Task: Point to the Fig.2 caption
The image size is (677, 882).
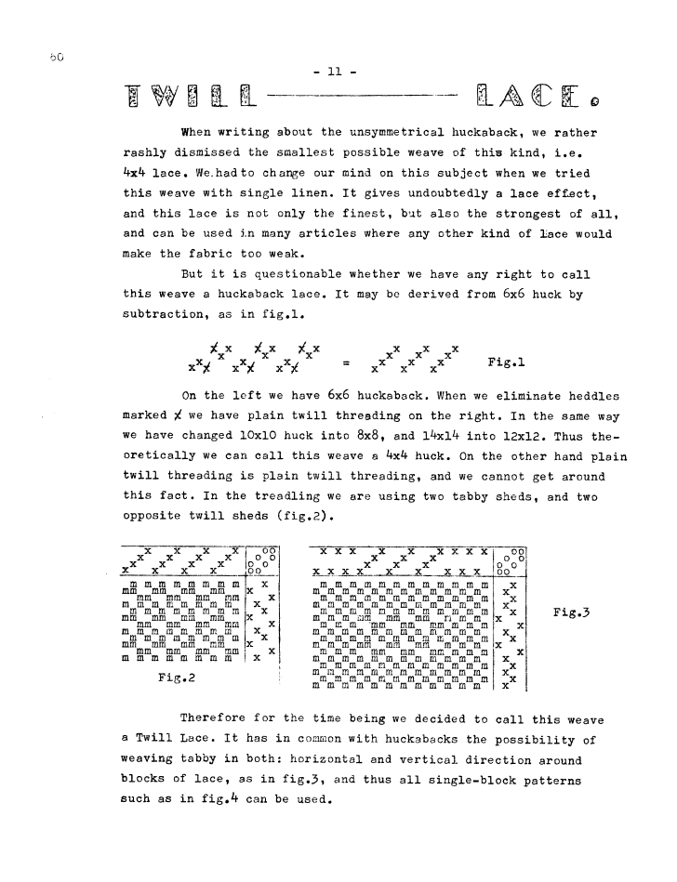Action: [x=176, y=678]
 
